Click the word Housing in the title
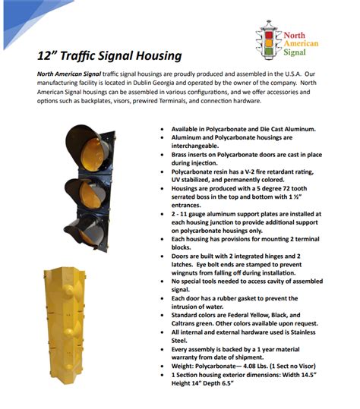click(x=156, y=56)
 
